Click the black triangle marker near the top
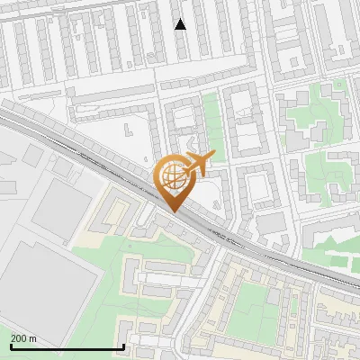click(x=181, y=24)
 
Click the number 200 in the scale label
click(x=19, y=338)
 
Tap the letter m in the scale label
click(x=33, y=338)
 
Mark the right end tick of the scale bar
click(x=122, y=346)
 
